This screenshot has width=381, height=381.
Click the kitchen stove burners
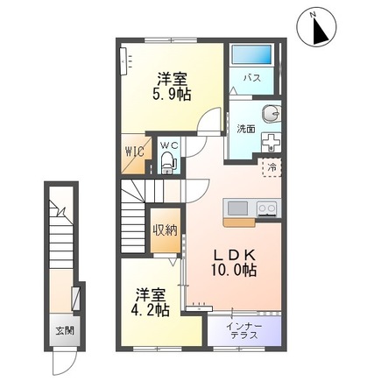(266, 208)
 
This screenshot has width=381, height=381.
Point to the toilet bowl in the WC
(169, 161)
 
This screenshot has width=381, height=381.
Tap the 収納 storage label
(166, 230)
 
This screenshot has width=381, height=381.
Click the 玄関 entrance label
(66, 330)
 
